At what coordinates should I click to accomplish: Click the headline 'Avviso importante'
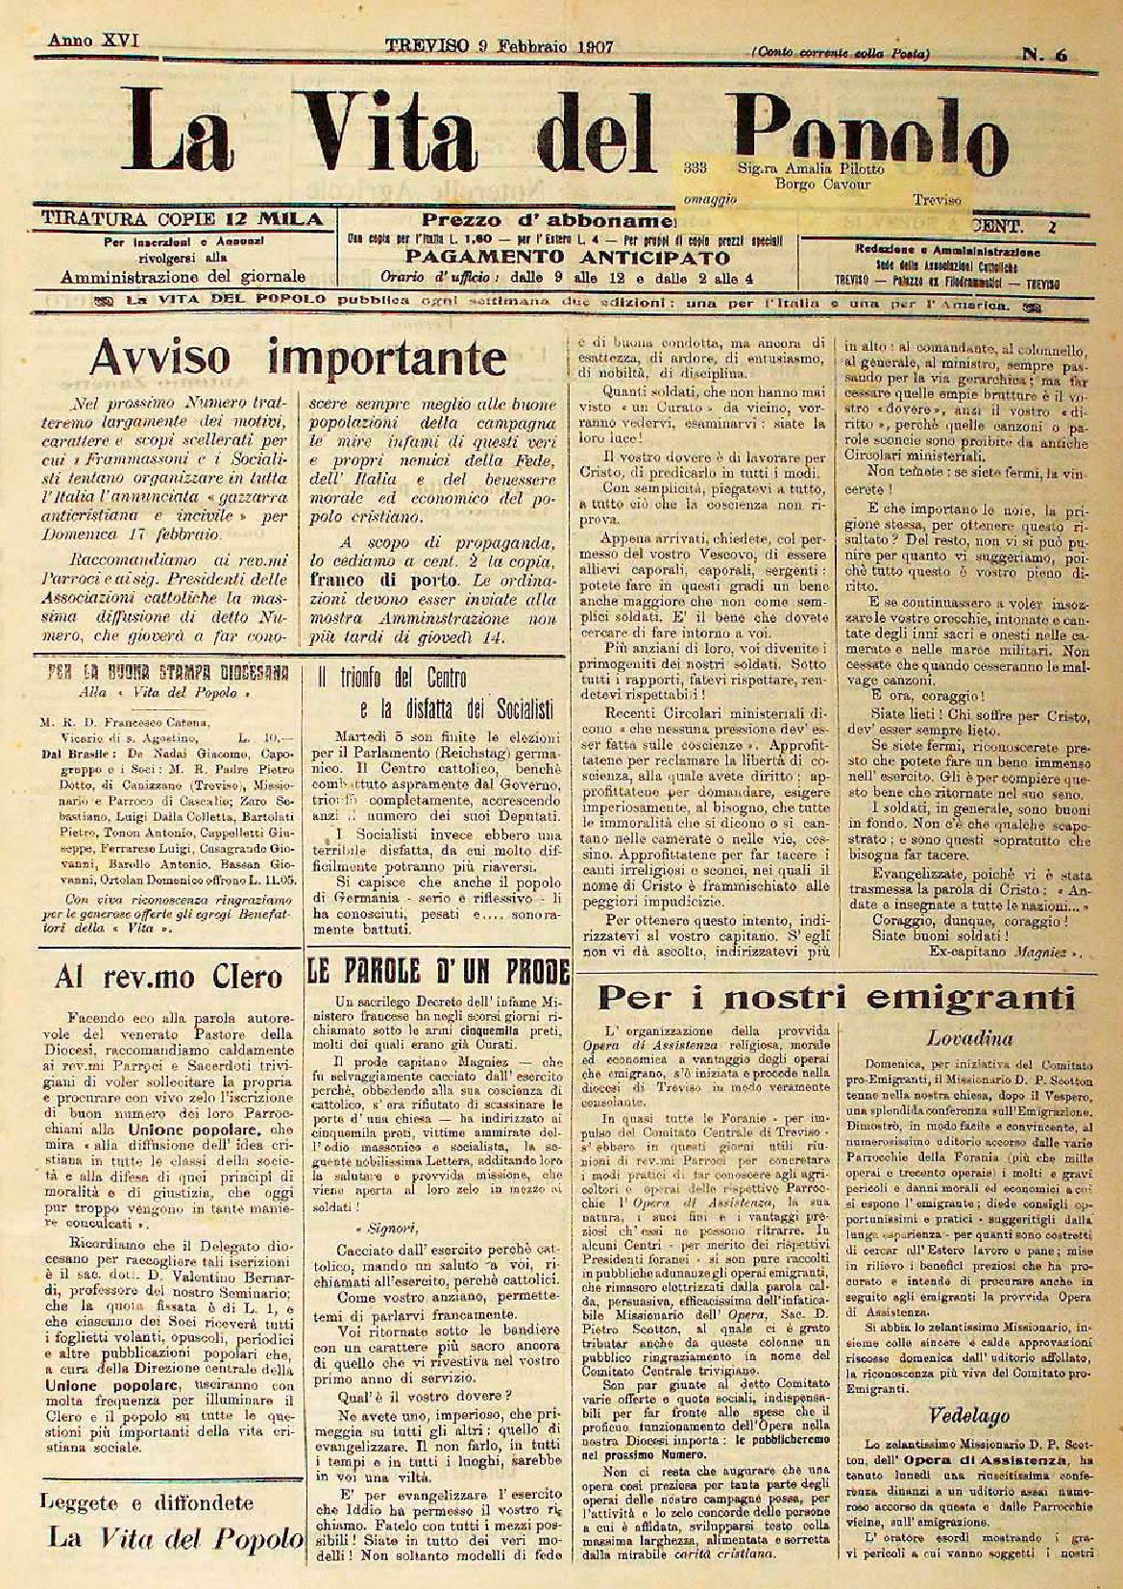(x=297, y=359)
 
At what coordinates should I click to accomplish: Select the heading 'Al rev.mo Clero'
(x=169, y=977)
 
